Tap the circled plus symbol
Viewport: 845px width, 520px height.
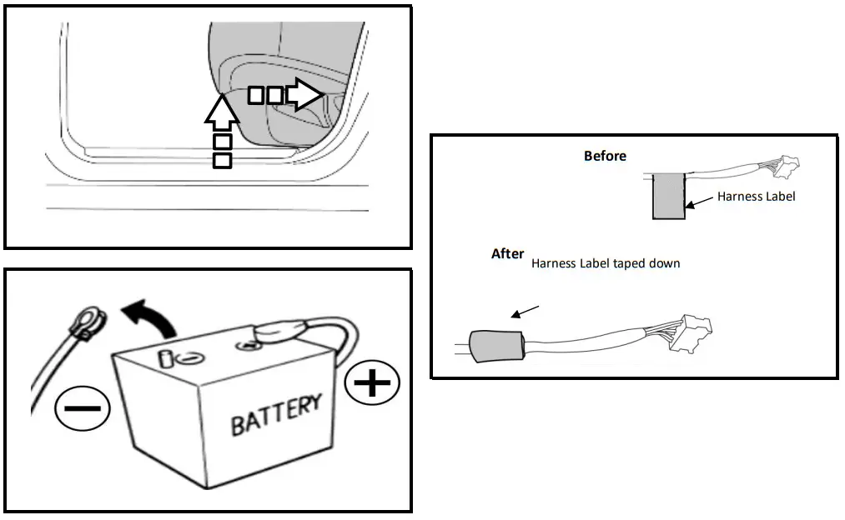372,383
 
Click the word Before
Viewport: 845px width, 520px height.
605,156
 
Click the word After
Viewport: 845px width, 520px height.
507,253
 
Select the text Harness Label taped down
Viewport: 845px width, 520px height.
606,263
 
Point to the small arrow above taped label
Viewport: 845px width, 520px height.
526,312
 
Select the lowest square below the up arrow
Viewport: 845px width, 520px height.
223,160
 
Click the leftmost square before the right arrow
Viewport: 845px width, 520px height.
257,96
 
